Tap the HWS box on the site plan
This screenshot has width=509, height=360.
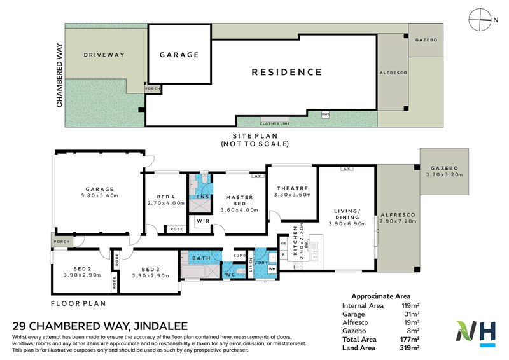[x=326, y=114]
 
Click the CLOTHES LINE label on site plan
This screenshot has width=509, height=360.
[x=275, y=123]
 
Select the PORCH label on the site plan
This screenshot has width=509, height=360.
[x=153, y=89]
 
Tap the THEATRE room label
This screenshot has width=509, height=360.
[x=293, y=188]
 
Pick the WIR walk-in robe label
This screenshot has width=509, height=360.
[x=203, y=221]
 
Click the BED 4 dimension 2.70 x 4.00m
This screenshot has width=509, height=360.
[x=165, y=203]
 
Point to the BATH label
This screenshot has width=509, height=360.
[x=202, y=258]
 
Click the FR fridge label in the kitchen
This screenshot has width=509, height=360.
[x=283, y=242]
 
